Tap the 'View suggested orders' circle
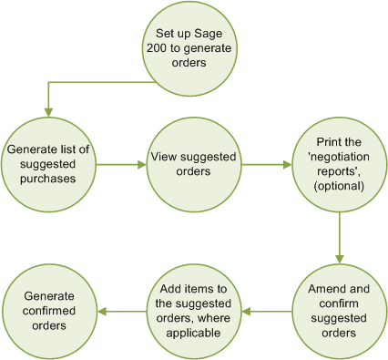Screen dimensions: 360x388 pyautogui.click(x=193, y=164)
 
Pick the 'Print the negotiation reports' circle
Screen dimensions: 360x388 pyautogui.click(x=339, y=164)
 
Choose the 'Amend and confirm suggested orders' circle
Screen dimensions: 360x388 pyautogui.click(x=339, y=311)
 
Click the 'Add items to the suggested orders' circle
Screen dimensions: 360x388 pyautogui.click(x=193, y=311)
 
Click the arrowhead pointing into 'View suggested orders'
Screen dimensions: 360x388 pyautogui.click(x=141, y=165)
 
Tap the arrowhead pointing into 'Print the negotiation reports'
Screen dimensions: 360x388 pyautogui.click(x=287, y=165)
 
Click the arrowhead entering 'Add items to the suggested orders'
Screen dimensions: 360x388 pyautogui.click(x=247, y=312)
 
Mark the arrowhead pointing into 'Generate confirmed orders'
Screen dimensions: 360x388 pyautogui.click(x=102, y=312)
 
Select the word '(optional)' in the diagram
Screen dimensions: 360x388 pyautogui.click(x=339, y=186)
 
